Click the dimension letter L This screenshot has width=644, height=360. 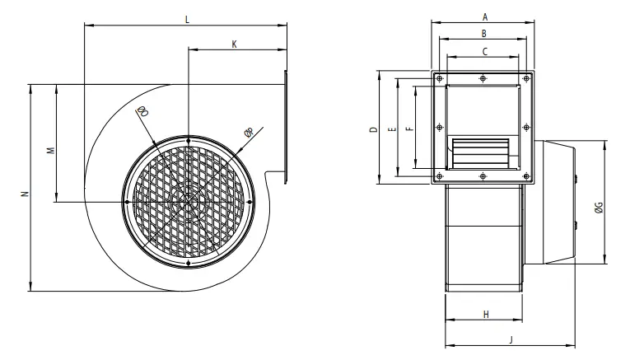(x=188, y=19)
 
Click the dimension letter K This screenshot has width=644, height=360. (x=235, y=44)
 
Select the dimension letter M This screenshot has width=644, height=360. (x=49, y=151)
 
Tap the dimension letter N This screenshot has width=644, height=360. (x=25, y=194)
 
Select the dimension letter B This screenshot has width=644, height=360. (x=484, y=34)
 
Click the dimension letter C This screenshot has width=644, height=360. (x=484, y=51)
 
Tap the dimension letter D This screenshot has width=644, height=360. (x=372, y=129)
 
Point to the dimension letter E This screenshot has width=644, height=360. (x=391, y=129)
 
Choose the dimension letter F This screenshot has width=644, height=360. (x=409, y=129)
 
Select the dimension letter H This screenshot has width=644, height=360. (x=486, y=314)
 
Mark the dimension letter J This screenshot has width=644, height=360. (x=511, y=339)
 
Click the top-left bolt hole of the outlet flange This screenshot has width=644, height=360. (x=440, y=79)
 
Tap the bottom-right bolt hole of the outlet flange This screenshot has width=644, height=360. (x=525, y=176)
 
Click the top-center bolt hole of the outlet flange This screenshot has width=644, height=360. (x=483, y=79)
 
